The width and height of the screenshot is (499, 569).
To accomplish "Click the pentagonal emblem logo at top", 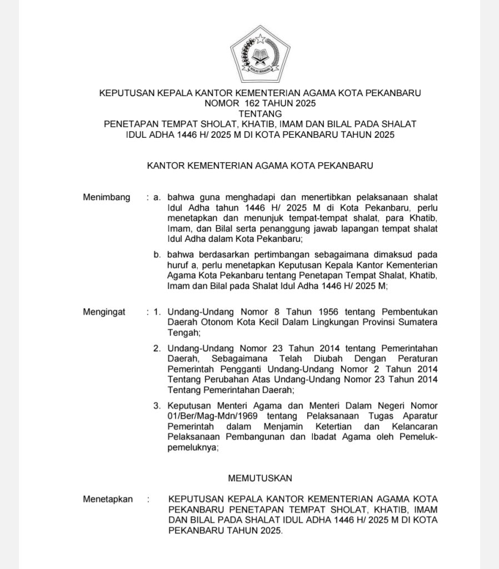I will (260, 53).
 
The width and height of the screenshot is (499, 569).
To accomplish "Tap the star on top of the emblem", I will (260, 39).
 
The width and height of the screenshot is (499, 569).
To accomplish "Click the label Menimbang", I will (106, 197).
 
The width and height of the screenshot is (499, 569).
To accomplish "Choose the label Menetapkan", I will (108, 499).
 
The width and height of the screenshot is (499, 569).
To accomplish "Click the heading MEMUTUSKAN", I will (260, 477).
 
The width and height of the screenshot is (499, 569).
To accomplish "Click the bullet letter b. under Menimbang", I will (157, 254).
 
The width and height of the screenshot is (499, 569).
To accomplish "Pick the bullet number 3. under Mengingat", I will (157, 405).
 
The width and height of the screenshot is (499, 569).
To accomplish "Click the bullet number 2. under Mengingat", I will (157, 348).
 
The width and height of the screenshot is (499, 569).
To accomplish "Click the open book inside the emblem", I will (260, 56).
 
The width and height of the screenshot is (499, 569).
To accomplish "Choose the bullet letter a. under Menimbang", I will (157, 197).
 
